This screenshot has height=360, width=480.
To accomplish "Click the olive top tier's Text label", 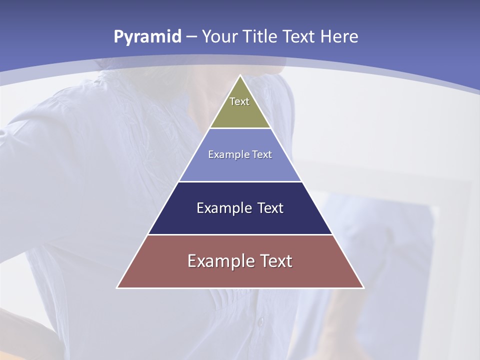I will [x=239, y=101].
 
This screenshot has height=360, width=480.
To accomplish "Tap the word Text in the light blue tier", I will [x=262, y=155].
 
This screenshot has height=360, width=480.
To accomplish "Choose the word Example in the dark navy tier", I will [x=223, y=208].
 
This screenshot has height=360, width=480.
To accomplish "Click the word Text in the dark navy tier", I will [x=270, y=208].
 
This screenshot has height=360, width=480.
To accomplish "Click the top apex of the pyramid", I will [x=240, y=75].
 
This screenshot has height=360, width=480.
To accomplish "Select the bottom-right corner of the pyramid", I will [x=363, y=287].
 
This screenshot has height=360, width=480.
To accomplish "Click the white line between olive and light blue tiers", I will [x=240, y=128].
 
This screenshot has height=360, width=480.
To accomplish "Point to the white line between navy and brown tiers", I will [x=240, y=234].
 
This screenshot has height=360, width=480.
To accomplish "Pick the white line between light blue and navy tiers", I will [x=240, y=181].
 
